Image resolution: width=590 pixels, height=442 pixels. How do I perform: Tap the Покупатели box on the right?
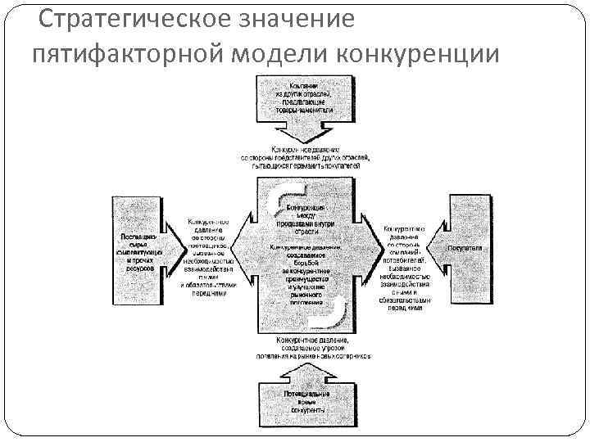[465, 247]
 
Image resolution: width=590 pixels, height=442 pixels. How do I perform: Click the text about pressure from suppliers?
[209, 258]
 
